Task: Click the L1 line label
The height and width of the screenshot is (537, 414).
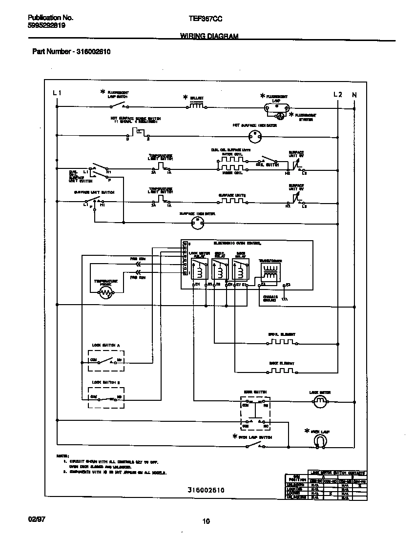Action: click(57, 93)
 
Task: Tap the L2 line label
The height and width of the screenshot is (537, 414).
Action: click(337, 94)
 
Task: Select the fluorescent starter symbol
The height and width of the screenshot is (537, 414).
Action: click(280, 116)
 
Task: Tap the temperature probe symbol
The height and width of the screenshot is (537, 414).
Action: click(106, 292)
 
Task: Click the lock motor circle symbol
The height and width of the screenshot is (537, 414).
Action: click(320, 402)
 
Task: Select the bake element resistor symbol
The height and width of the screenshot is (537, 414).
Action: click(282, 372)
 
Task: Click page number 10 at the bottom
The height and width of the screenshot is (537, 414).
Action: click(206, 521)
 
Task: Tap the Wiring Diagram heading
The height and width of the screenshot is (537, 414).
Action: click(209, 36)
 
